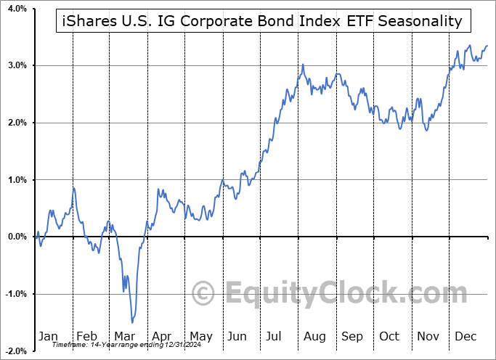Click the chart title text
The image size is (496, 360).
259,20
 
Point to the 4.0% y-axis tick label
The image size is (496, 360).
16,9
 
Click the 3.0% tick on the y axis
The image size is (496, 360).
16,66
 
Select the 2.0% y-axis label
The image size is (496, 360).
16,123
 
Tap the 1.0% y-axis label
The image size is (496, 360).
16,180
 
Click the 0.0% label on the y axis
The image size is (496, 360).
16,237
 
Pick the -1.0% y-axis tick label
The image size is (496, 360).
15,294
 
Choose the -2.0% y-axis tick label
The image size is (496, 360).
15,351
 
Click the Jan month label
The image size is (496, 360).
48,336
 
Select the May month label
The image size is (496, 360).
201,336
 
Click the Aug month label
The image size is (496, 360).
314,336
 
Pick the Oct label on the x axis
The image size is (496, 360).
389,336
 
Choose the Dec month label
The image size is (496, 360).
465,336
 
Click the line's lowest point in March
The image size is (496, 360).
132,322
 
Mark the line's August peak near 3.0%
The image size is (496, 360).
303,65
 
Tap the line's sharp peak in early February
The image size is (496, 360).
73,188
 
